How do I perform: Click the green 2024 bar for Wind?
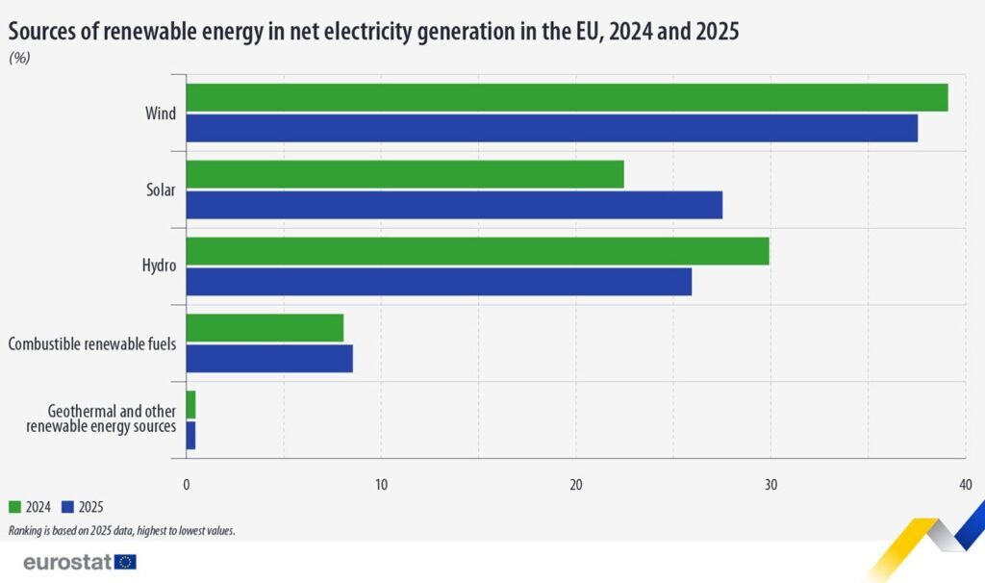[567, 98]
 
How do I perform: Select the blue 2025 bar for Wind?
[551, 128]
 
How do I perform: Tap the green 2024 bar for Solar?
[404, 174]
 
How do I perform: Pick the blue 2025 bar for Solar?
[453, 205]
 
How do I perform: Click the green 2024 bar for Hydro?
[477, 251]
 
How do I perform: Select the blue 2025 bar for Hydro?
[438, 282]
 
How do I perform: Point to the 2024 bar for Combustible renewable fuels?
[265, 328]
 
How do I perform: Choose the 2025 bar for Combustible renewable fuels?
[268, 358]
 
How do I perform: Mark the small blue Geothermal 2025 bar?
[190, 435]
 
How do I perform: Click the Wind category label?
[160, 114]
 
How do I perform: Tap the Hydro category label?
[159, 266]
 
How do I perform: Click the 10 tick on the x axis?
[381, 483]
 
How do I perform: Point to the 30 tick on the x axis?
[770, 483]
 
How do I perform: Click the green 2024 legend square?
[14, 507]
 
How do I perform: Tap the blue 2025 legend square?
[66, 507]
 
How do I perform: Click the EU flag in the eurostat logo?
[125, 562]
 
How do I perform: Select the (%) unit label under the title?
[19, 58]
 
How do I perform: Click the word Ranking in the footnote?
[27, 530]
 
